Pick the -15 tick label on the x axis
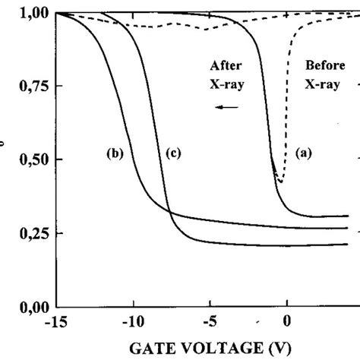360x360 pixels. pyautogui.click(x=58, y=322)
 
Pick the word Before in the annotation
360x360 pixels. pyautogui.click(x=322, y=65)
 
